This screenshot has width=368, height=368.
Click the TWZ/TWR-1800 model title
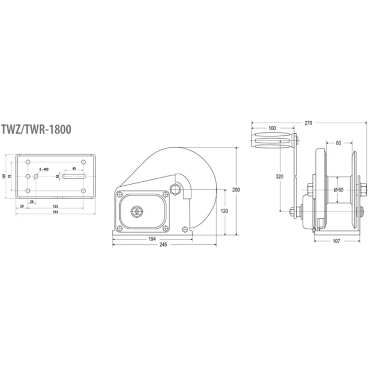tap(37, 129)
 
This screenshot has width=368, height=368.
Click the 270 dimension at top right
tap(308, 122)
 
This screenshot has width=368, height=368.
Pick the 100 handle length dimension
tap(271, 128)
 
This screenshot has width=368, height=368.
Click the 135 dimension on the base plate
tap(55, 206)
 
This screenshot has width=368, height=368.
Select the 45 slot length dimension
tap(75, 169)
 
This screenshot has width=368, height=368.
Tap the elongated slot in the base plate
tap(75, 177)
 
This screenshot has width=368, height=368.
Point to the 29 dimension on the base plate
tap(21, 206)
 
